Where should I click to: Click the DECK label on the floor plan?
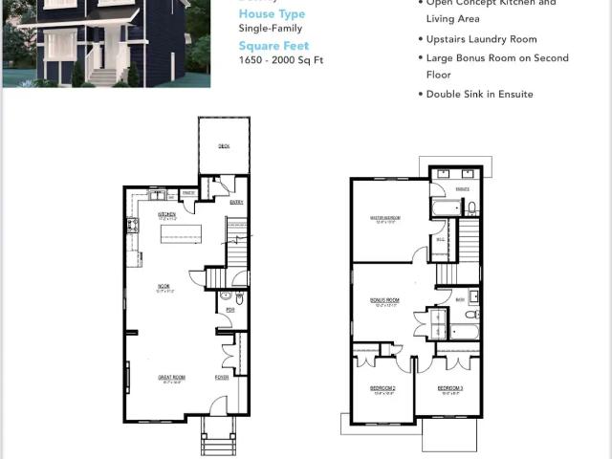pos(224,146)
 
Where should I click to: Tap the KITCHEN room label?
pos(165,215)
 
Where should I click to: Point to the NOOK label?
pos(164,286)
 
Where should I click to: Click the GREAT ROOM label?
pos(171,378)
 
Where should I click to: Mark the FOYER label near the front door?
pos(221,377)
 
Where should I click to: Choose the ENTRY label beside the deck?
pos(236,202)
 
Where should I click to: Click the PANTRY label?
pos(189,193)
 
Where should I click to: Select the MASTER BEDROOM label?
pos(384,218)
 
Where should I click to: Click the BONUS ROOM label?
pos(384,300)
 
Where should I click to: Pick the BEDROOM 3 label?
pos(450,388)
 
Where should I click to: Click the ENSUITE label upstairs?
pos(463,189)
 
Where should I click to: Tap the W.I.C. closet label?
pos(441,238)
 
